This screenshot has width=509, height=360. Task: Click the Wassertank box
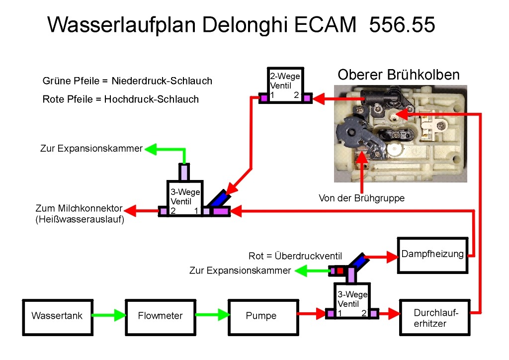(x=57, y=316)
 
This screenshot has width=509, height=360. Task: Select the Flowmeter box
(x=160, y=316)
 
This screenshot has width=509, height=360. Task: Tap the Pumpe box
(x=261, y=316)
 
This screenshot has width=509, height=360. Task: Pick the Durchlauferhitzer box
(x=434, y=318)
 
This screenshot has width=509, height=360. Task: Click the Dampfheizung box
(x=432, y=255)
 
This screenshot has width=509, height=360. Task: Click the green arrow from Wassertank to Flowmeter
(x=107, y=315)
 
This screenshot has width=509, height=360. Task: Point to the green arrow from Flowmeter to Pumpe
(x=210, y=315)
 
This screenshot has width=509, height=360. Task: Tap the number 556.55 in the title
(x=402, y=24)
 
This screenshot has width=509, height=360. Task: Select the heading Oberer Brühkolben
(x=399, y=75)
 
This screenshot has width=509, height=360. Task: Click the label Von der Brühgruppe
(x=361, y=198)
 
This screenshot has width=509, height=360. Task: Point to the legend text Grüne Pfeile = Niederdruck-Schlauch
(x=128, y=81)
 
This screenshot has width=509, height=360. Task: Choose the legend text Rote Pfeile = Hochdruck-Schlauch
(x=121, y=99)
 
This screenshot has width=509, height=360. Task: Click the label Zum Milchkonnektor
(x=79, y=208)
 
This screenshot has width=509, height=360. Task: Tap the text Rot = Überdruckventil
(x=295, y=256)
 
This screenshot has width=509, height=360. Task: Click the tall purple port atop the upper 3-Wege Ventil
(x=184, y=172)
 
